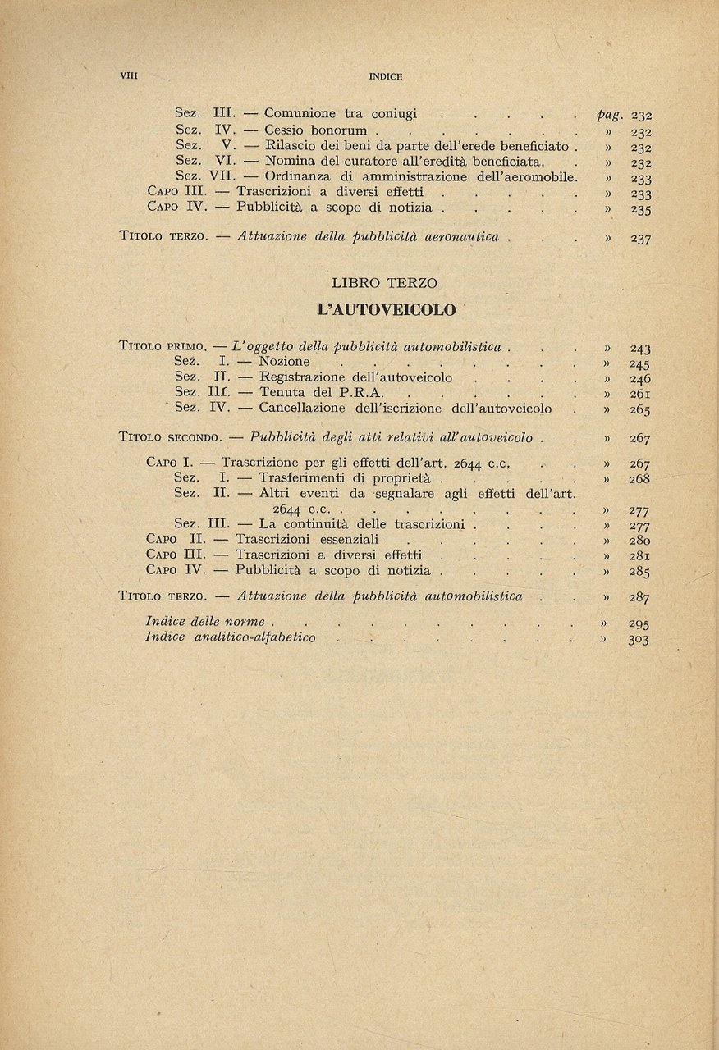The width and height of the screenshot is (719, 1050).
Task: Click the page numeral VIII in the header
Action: tap(129, 76)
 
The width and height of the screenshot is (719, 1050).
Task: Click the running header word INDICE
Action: tap(386, 76)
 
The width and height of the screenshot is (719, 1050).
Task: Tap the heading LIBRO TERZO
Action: tap(384, 283)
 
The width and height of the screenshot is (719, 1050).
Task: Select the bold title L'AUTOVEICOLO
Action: tap(386, 310)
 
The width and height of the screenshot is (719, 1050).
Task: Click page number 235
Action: tap(641, 209)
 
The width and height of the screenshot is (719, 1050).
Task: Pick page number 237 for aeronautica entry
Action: tap(641, 239)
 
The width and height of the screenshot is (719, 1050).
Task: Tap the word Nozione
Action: tap(284, 362)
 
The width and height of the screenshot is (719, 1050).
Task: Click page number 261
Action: tap(640, 395)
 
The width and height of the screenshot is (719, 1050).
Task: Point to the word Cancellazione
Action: tap(302, 409)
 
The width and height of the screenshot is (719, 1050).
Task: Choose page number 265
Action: tap(640, 410)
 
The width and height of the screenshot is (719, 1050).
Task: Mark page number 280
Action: tap(640, 541)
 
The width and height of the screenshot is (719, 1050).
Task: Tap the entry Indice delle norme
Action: tap(208, 622)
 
